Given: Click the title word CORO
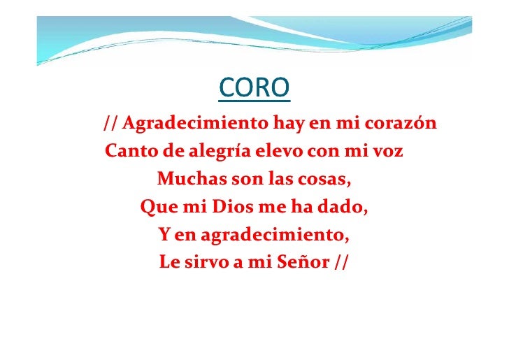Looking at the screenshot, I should pyautogui.click(x=254, y=89).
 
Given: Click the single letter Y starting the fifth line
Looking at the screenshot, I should pyautogui.click(x=164, y=236).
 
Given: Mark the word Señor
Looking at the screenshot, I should pyautogui.click(x=299, y=264).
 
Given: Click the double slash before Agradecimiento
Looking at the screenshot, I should pyautogui.click(x=110, y=125).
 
